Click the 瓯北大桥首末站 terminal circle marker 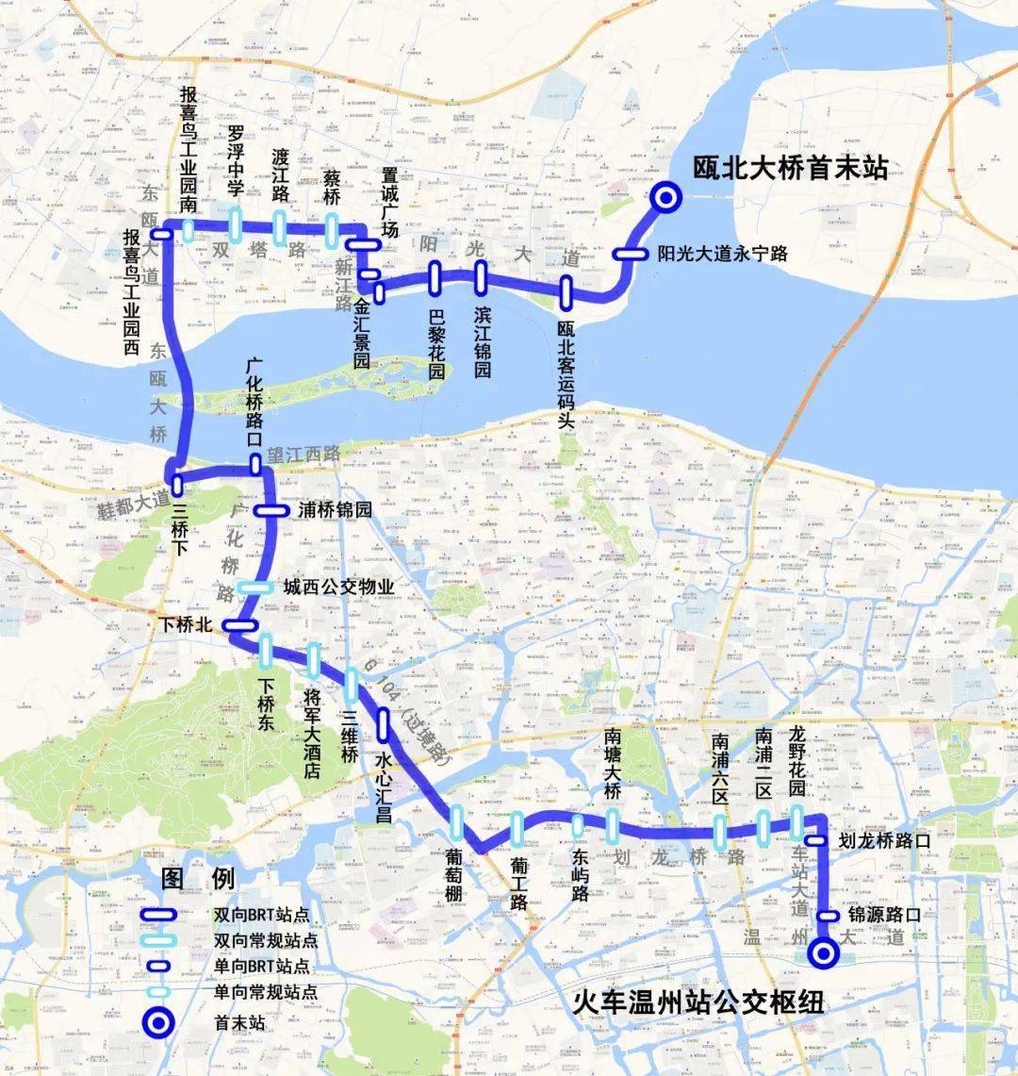pyautogui.click(x=666, y=197)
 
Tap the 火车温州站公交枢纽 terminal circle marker pyautogui.click(x=824, y=953)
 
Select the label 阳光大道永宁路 pyautogui.click(x=722, y=254)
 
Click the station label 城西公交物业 pyautogui.click(x=338, y=587)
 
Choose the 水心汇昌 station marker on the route pyautogui.click(x=384, y=724)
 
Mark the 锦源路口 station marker pyautogui.click(x=829, y=915)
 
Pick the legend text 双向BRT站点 pyautogui.click(x=261, y=915)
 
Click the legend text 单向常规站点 pyautogui.click(x=265, y=992)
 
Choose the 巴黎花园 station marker pyautogui.click(x=435, y=277)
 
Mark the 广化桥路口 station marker pyautogui.click(x=255, y=464)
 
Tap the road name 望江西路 pyautogui.click(x=304, y=454)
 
